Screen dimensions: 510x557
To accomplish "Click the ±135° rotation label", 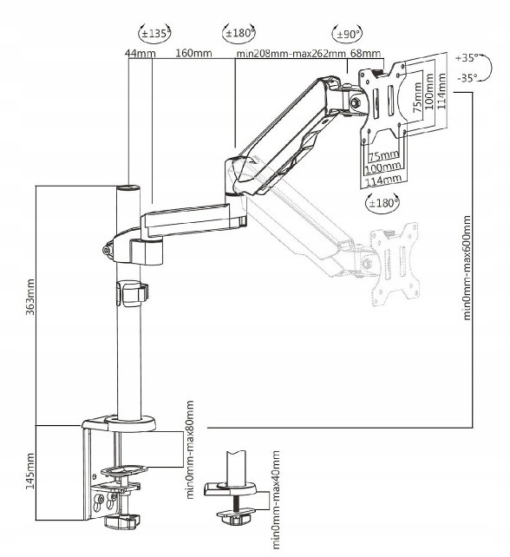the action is pyautogui.click(x=155, y=34).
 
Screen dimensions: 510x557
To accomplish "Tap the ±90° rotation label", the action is pyautogui.click(x=348, y=34).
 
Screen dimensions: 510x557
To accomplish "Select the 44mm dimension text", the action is pyautogui.click(x=141, y=53).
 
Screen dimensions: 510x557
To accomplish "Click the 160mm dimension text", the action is pyautogui.click(x=193, y=53).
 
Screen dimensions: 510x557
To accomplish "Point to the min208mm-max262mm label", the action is pyautogui.click(x=291, y=54).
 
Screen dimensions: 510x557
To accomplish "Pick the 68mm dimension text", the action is pyautogui.click(x=365, y=53).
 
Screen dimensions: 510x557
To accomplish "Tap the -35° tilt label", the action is pyautogui.click(x=467, y=78).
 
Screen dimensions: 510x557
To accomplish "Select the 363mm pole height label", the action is pyautogui.click(x=30, y=298).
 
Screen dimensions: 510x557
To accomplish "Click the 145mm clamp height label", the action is pyautogui.click(x=30, y=471).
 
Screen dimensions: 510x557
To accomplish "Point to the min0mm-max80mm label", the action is pyautogui.click(x=190, y=449).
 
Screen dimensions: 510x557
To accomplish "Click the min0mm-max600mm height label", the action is pyautogui.click(x=467, y=268).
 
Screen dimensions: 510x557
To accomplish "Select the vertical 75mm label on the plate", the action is pyautogui.click(x=418, y=97).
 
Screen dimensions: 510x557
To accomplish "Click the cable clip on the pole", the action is pyautogui.click(x=132, y=294).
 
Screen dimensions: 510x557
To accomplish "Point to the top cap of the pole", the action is pyautogui.click(x=128, y=187).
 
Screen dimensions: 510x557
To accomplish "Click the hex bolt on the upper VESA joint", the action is pyautogui.click(x=355, y=103).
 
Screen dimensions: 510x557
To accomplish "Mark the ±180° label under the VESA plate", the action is pyautogui.click(x=382, y=203).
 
